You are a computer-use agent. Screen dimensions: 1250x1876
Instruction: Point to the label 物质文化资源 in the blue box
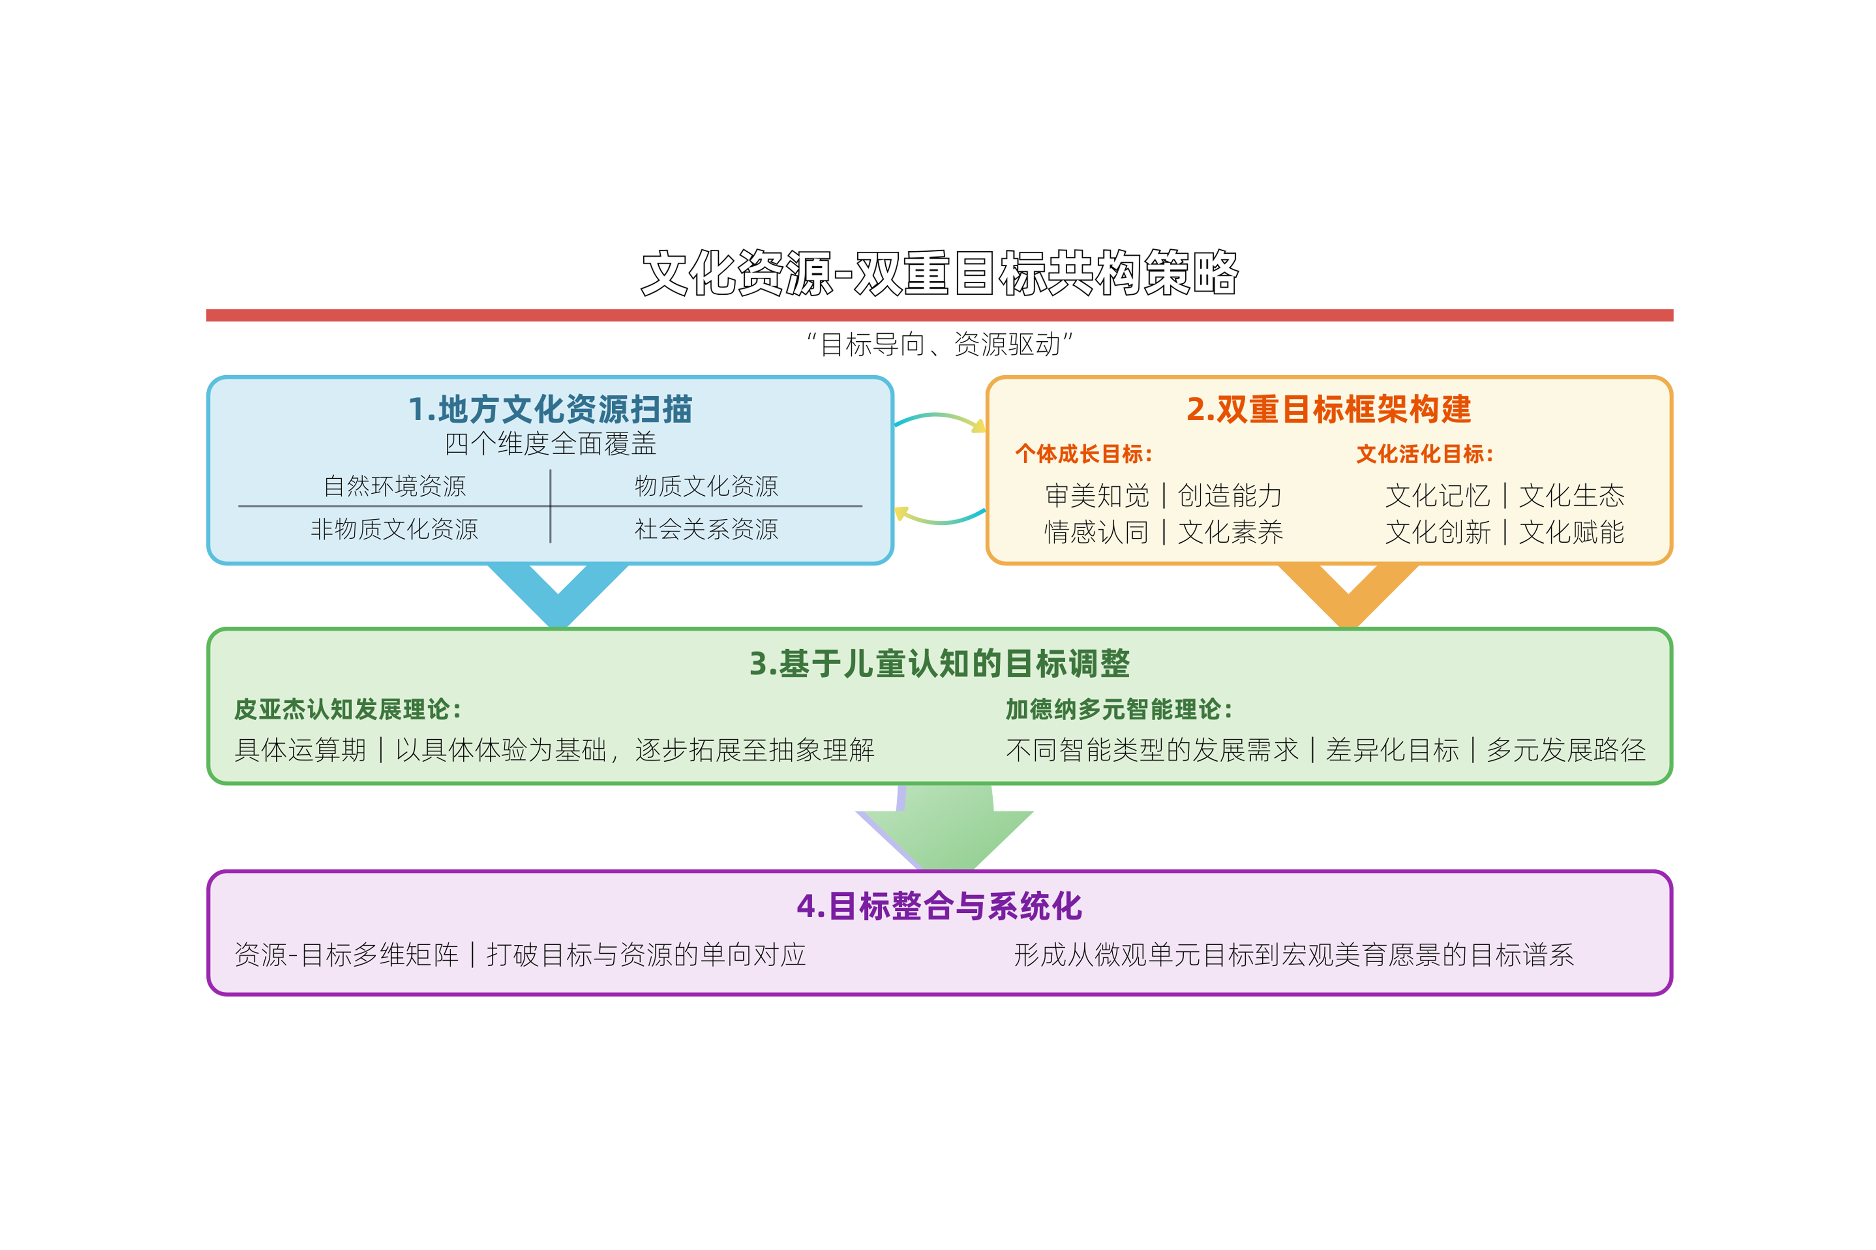point(706,486)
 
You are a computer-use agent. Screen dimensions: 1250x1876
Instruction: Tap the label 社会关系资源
point(706,529)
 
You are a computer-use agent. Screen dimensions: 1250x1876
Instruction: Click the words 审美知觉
point(1097,496)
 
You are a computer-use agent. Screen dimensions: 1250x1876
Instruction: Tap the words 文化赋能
point(1571,532)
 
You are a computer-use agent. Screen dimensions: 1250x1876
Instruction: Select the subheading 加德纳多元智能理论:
point(1118,709)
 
